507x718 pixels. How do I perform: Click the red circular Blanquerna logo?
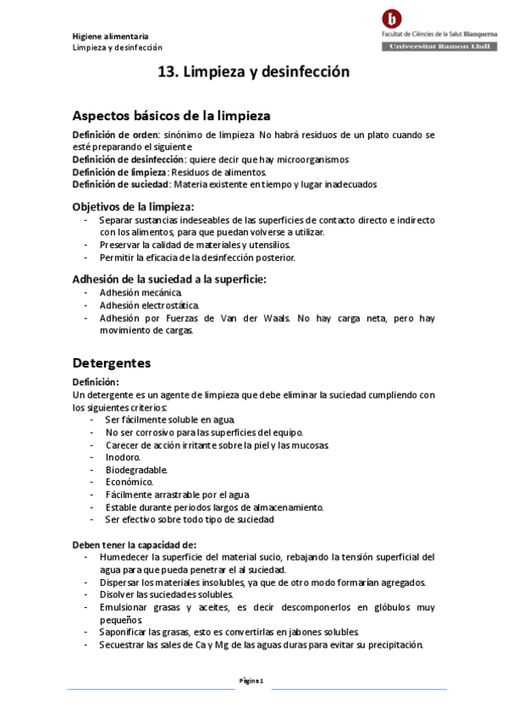point(392,19)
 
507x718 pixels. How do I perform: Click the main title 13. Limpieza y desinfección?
point(254,73)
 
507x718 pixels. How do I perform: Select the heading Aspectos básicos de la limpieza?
point(171,116)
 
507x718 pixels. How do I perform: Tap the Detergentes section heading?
point(111,363)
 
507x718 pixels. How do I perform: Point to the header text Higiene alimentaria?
point(110,36)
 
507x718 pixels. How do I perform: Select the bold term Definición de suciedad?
point(121,184)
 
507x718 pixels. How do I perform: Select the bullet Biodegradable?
point(136,470)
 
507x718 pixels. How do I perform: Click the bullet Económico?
point(130,482)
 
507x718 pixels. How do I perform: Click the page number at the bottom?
point(253,681)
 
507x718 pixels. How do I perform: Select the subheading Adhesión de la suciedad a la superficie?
point(169,279)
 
